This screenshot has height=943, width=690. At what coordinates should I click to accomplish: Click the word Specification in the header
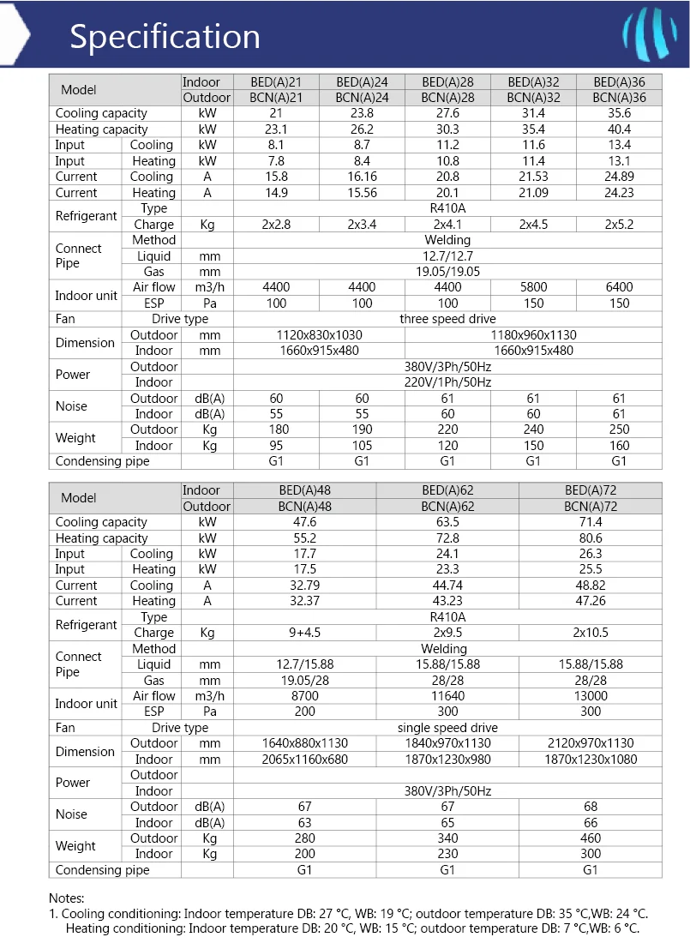[165, 36]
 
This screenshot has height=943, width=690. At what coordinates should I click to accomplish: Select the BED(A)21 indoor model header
[276, 82]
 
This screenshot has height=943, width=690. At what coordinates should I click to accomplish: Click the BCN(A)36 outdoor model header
[619, 98]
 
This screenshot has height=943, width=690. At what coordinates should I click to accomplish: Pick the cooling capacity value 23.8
[362, 113]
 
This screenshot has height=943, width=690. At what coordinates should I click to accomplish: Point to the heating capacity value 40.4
[619, 129]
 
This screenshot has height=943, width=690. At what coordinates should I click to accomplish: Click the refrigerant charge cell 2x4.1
[447, 225]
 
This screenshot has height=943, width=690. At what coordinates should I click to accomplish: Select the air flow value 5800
[533, 287]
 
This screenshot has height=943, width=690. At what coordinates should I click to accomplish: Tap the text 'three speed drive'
[447, 319]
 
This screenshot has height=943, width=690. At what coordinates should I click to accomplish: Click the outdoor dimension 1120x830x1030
[319, 335]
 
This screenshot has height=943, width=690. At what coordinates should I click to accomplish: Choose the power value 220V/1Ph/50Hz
[447, 382]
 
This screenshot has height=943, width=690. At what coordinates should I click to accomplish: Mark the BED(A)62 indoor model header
[447, 490]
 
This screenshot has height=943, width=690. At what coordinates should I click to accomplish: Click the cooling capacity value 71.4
[591, 522]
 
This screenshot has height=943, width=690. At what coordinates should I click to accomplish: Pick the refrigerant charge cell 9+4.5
[304, 633]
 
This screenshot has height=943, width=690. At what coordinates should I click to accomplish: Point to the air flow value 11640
[447, 696]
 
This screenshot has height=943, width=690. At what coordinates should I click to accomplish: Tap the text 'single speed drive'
[447, 728]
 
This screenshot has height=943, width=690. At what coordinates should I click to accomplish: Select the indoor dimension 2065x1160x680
[304, 759]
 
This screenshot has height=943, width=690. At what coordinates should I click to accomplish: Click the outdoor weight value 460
[591, 838]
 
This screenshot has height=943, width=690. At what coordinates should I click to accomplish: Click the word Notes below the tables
[67, 898]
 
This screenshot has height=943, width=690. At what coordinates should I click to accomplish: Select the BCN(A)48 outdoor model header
[304, 507]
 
